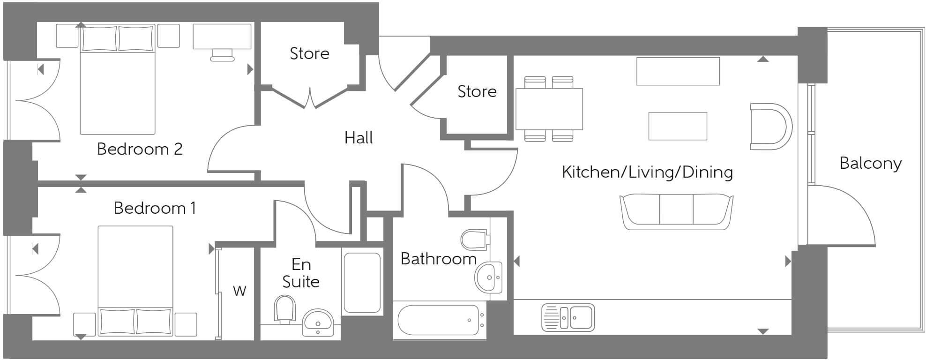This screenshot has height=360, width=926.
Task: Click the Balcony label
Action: point(870,163)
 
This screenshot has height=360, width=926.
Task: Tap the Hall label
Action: point(358,138)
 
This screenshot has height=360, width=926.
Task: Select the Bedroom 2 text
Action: point(140,149)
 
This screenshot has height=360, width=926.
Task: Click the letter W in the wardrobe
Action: point(239,291)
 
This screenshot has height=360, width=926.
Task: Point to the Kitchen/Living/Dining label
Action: point(647,172)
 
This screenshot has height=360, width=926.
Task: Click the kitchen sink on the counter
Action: point(568,317)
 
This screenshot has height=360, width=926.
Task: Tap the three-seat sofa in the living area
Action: point(676,212)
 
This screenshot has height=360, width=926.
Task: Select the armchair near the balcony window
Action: point(770,127)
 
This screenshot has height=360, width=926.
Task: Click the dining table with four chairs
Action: point(549,109)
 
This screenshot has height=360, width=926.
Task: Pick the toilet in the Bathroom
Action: point(475,240)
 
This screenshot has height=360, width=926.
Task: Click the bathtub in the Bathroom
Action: point(439,320)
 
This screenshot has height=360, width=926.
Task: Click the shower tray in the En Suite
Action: point(362,283)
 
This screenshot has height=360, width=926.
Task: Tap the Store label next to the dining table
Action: point(477,91)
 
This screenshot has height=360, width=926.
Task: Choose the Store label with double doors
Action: point(309,53)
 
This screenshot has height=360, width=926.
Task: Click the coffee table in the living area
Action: point(678,126)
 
